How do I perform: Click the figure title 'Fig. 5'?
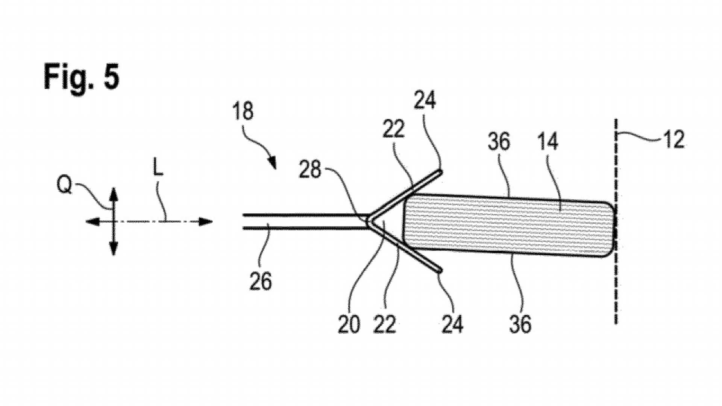(x=82, y=77)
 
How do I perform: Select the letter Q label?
(x=64, y=185)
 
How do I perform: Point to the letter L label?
(x=158, y=169)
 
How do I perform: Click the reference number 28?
(x=310, y=170)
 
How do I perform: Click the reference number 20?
(x=349, y=324)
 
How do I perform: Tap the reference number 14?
(x=548, y=142)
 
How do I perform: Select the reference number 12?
(x=673, y=140)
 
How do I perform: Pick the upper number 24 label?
(x=425, y=100)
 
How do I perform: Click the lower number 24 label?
(x=452, y=324)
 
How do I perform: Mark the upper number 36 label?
(x=499, y=142)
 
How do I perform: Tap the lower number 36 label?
(x=520, y=324)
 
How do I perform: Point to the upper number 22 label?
(x=393, y=129)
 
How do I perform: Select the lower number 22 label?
(x=385, y=324)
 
